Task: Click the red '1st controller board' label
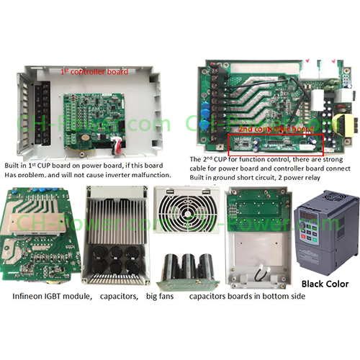tap(94, 71)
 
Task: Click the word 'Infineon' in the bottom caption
tap(31, 296)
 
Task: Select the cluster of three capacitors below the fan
tap(185, 271)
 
